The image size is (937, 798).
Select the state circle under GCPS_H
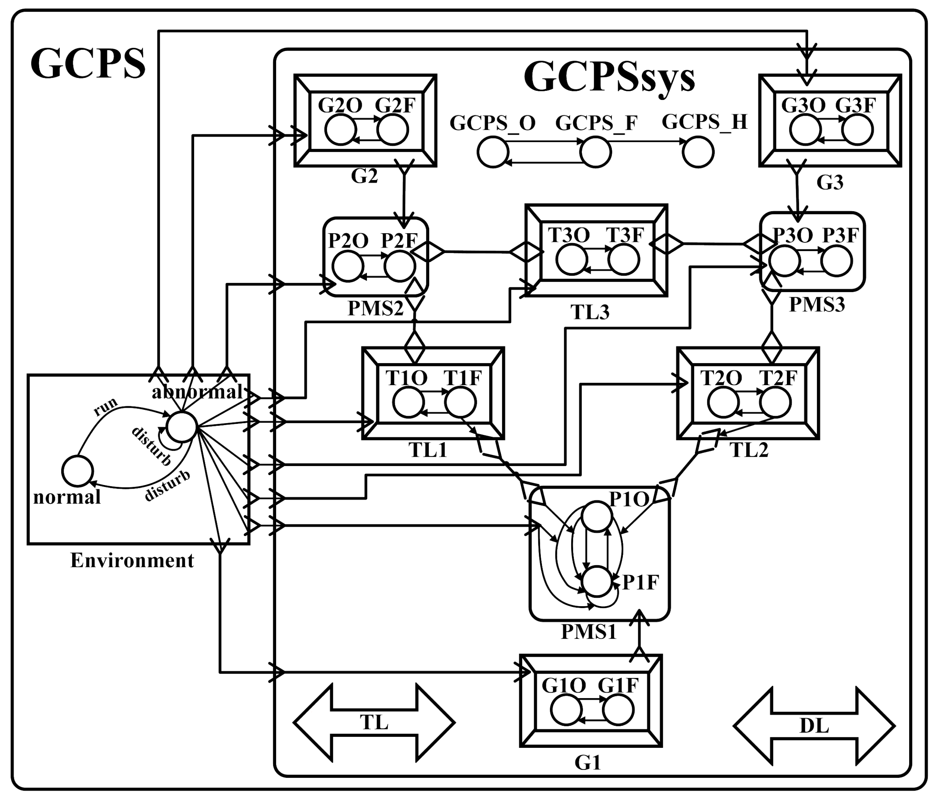[698, 152]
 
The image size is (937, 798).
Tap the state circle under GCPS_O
[493, 152]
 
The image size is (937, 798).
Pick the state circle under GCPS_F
[596, 152]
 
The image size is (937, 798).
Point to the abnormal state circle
[181, 427]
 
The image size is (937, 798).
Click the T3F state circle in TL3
[624, 260]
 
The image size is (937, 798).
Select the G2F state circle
[393, 130]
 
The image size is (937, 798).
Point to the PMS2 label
[375, 308]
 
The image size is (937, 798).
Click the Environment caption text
[132, 561]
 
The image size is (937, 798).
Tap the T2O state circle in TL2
[723, 402]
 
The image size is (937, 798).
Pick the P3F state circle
[837, 261]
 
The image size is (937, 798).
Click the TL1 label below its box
[428, 450]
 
